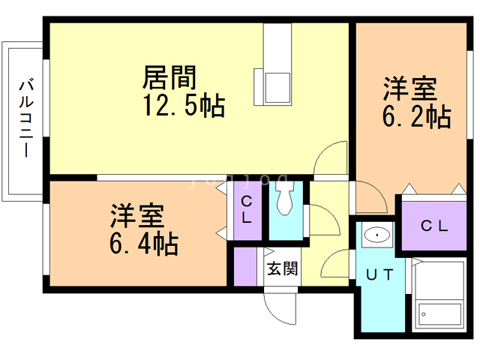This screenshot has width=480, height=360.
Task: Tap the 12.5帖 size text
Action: point(184,106)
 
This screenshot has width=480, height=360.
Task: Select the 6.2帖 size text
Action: point(409,117)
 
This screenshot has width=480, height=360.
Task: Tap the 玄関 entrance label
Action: point(283,268)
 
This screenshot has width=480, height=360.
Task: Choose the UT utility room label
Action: point(379,275)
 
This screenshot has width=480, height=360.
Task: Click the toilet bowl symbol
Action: point(284,199)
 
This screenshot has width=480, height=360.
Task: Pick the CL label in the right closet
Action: point(433,224)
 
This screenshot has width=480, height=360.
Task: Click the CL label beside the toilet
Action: point(247,211)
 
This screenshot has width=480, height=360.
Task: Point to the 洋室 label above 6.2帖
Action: point(409,89)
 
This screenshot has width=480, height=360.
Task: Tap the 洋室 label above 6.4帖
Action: point(136,217)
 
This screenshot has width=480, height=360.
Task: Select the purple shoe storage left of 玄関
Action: point(245,265)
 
